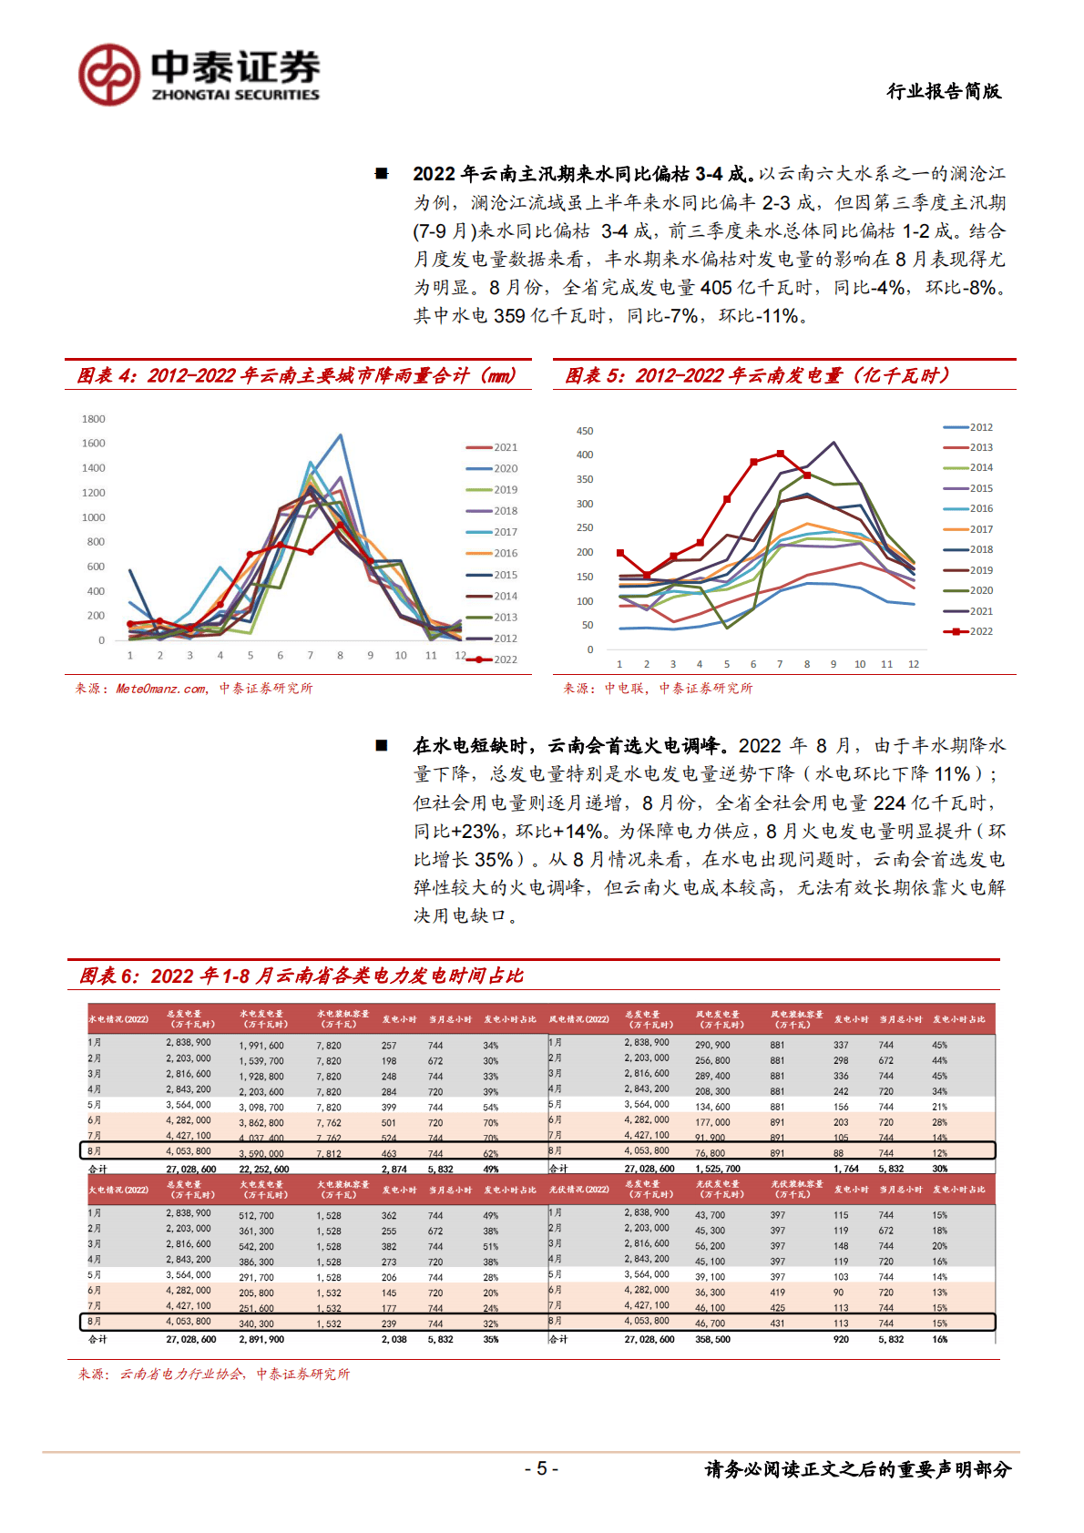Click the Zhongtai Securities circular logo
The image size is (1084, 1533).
click(x=109, y=75)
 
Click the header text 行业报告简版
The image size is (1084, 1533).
click(x=944, y=91)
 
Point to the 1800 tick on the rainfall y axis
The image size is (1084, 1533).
click(x=94, y=419)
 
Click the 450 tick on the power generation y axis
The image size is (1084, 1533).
click(x=584, y=431)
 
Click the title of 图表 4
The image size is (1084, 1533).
click(x=296, y=375)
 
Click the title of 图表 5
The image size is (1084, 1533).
click(x=757, y=375)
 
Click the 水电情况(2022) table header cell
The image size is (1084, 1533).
click(x=118, y=1019)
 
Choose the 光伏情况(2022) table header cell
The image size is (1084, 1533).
click(x=579, y=1190)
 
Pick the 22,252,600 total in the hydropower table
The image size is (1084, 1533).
click(x=264, y=1169)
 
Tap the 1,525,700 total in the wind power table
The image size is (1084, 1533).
click(x=718, y=1169)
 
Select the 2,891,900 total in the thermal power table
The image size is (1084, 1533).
click(x=261, y=1339)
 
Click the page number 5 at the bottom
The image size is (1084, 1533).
click(x=541, y=1468)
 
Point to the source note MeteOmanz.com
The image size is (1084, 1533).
click(x=161, y=689)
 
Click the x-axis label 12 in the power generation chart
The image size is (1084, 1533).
click(x=913, y=664)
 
